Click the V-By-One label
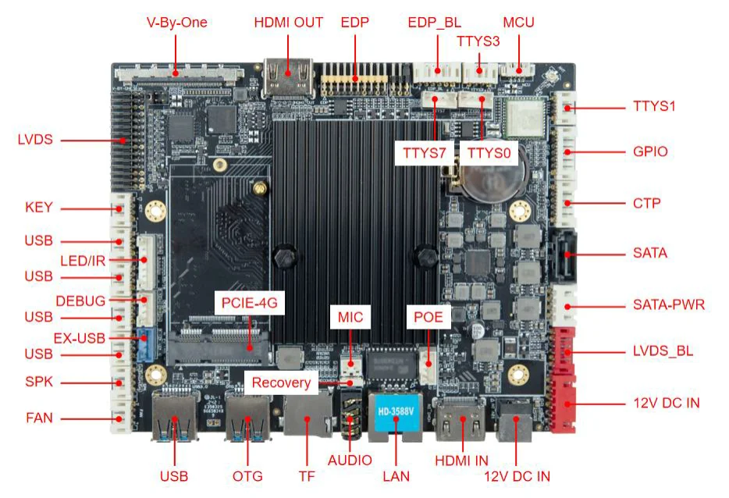point(177,23)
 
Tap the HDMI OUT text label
point(288,23)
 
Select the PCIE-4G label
point(249,301)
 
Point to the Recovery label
point(281,383)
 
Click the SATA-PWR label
point(668,304)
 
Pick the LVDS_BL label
point(663,352)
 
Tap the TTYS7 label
point(424,153)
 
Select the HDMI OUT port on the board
point(287,77)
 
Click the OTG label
point(247,476)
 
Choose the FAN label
point(39,418)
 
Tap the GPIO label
point(650,151)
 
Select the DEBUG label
point(80,301)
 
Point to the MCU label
point(518,23)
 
